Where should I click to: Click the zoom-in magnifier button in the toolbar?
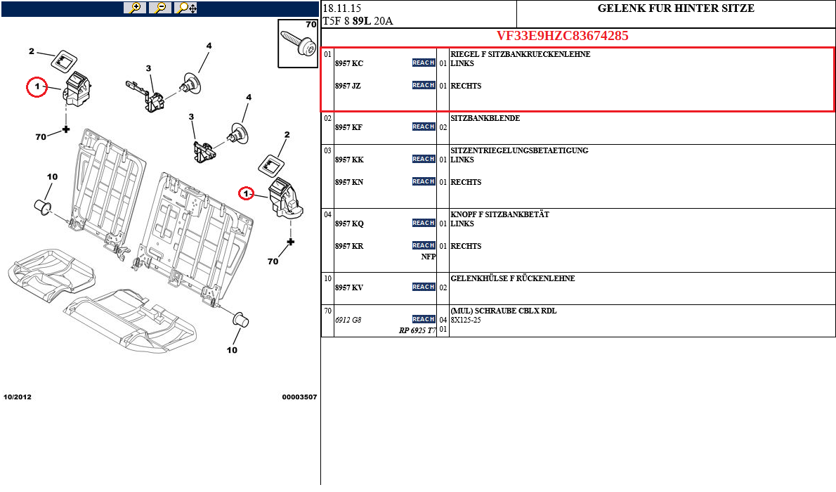(x=134, y=8)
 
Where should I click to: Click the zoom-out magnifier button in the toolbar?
(x=160, y=8)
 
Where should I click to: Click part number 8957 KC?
(x=349, y=64)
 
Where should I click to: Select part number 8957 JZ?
(x=348, y=86)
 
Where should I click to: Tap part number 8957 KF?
(x=349, y=128)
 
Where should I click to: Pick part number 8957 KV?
(x=349, y=288)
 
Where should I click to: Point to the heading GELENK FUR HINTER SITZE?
(x=676, y=9)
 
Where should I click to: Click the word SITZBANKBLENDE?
(x=485, y=119)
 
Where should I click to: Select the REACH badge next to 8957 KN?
(x=424, y=182)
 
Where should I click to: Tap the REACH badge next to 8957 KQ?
(x=424, y=224)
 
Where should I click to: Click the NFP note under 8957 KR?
(x=429, y=257)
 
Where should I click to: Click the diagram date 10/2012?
(x=18, y=397)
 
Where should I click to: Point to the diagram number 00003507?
(x=299, y=397)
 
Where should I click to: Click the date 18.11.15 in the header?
(x=341, y=9)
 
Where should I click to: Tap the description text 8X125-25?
(x=466, y=321)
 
